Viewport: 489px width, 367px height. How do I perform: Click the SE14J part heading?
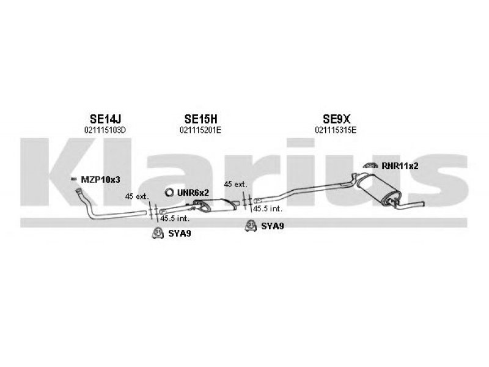coord(105,119)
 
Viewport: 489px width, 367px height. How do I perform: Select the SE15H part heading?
coord(200,119)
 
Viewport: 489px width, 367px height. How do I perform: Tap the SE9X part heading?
coord(337,119)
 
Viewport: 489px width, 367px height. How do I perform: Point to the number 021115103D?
coord(105,130)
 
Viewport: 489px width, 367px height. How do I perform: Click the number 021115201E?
coord(200,130)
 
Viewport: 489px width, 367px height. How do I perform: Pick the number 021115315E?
coord(336,130)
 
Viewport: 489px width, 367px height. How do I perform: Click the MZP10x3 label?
coord(100,180)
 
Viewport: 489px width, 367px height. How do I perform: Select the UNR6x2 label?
coord(193,193)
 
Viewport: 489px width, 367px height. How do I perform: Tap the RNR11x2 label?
coord(400,166)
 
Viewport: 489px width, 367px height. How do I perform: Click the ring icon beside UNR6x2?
coord(169,193)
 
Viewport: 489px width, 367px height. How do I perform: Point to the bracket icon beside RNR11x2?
coord(370,166)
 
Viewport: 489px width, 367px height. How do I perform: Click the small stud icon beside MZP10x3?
coord(74,179)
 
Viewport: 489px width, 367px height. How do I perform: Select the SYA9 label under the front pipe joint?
coord(180,234)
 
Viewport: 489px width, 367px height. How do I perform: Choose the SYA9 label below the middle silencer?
coord(273,226)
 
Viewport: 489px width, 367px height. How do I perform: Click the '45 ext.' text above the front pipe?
coord(137,196)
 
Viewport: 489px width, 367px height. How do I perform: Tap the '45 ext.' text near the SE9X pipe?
coord(235,185)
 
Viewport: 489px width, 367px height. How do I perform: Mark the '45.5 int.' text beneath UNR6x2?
coord(175,218)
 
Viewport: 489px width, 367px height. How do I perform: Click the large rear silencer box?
coord(376,188)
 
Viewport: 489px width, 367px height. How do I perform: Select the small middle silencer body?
coord(216,205)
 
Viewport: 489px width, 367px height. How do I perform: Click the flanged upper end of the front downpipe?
coord(79,191)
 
